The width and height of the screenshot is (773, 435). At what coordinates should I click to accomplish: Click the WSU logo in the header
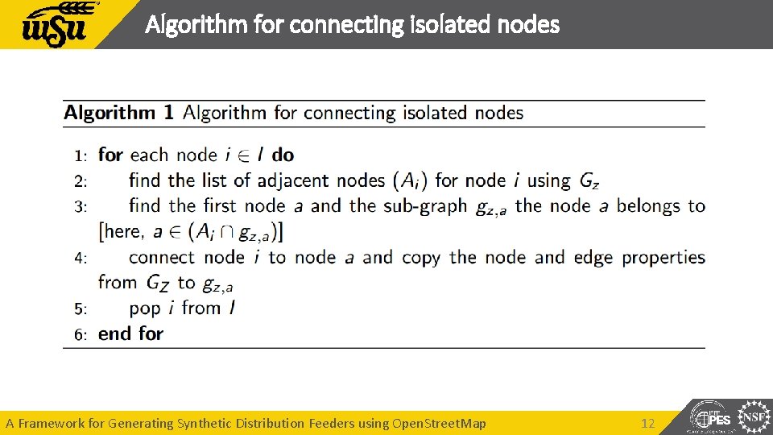coord(60,25)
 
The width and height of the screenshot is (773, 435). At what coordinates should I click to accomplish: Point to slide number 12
coord(648,423)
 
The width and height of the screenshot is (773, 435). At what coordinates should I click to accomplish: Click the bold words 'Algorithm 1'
coord(118,113)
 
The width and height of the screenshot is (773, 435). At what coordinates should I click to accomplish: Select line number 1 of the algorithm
coord(81,155)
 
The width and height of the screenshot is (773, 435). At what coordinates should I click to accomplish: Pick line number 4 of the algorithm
coord(81,259)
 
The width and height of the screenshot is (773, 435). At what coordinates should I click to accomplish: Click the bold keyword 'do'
coord(283,155)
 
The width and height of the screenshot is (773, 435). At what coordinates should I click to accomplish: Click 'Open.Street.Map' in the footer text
coord(439,423)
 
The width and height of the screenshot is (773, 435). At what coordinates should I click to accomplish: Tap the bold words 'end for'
coord(130,333)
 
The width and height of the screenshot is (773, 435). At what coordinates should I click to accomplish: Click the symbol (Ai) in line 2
coord(411,181)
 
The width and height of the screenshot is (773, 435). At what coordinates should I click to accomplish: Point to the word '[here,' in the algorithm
coord(122,232)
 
